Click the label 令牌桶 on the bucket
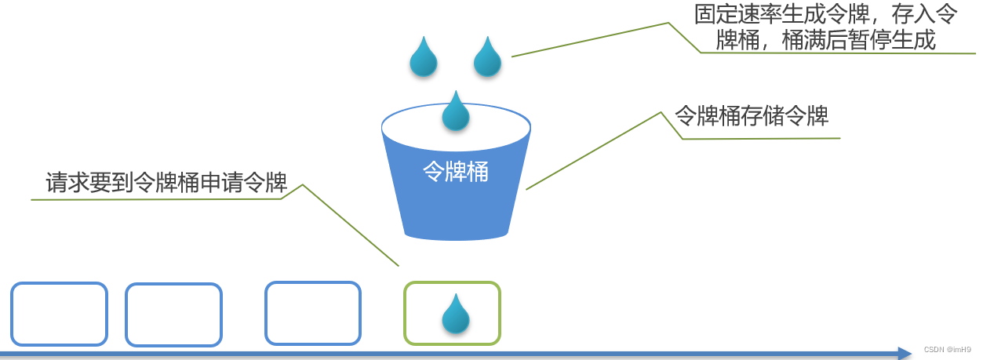tap(456, 172)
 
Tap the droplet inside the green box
tap(456, 315)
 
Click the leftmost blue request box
tap(59, 314)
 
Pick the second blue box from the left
tap(173, 315)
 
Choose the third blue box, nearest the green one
tap(313, 313)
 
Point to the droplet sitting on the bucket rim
tap(456, 112)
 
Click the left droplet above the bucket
tap(424, 59)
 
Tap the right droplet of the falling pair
tap(487, 59)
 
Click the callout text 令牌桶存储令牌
tap(752, 116)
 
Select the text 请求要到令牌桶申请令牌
tap(166, 183)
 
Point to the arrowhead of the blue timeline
tap(904, 354)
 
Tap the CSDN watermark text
tap(947, 349)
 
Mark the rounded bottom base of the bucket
tap(456, 233)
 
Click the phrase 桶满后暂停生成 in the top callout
tap(859, 39)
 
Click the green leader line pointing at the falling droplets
tap(588, 38)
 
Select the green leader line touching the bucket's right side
tap(593, 151)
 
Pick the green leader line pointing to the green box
tap(350, 225)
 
